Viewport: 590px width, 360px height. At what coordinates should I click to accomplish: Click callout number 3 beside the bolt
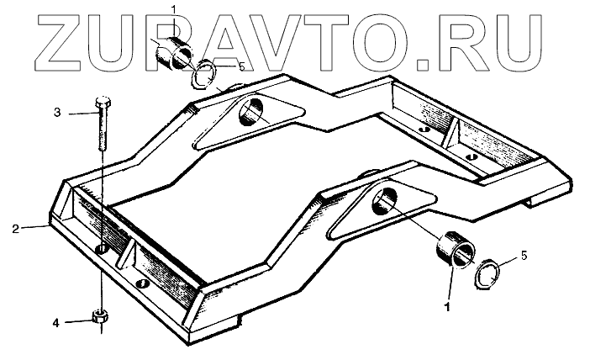click(x=57, y=113)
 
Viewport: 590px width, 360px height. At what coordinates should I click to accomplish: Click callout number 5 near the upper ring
click(x=241, y=66)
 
